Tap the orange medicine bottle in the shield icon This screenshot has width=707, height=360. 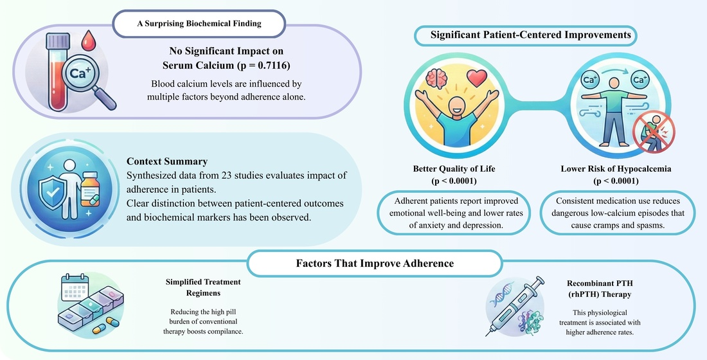pyautogui.click(x=91, y=190)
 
